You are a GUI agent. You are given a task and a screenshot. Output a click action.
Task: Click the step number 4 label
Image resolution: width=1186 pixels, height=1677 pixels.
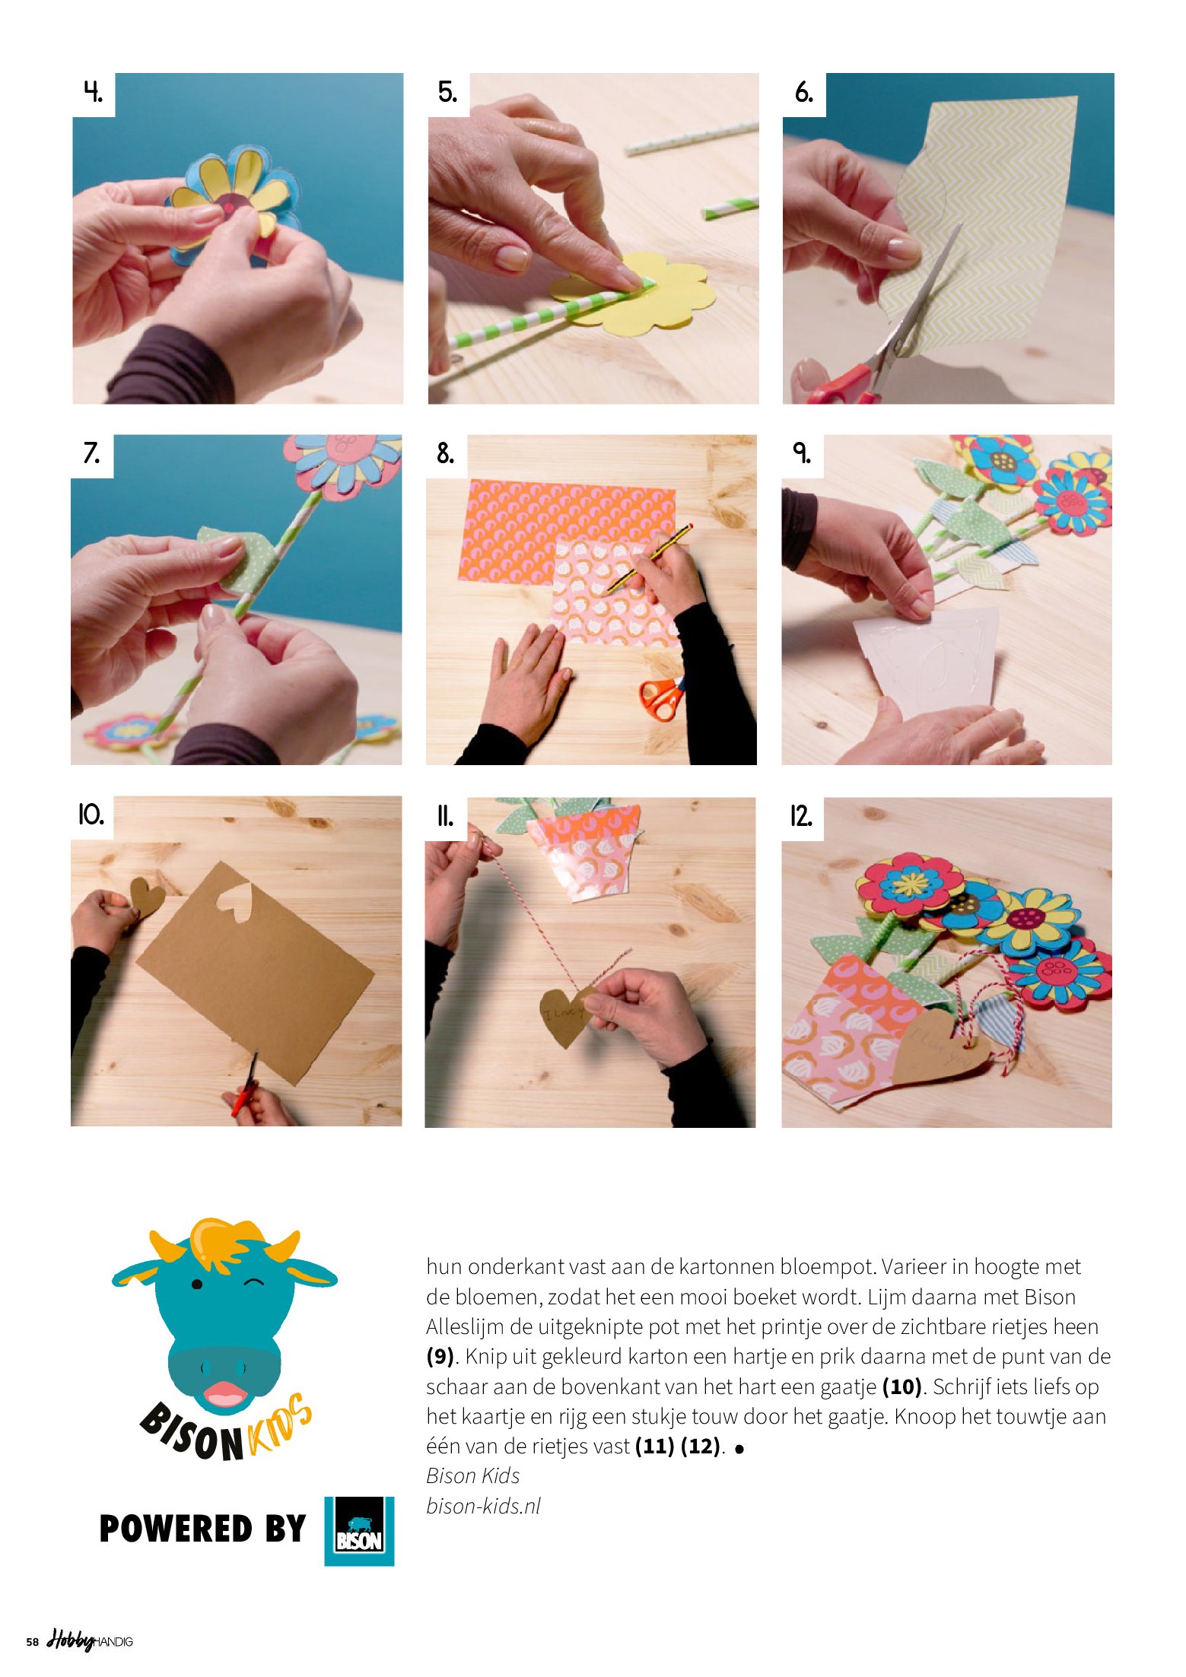tap(93, 93)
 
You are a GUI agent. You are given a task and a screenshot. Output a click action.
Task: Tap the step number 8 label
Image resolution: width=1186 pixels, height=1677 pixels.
tap(445, 454)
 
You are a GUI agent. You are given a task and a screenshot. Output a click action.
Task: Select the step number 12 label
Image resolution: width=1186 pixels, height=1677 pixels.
tap(800, 816)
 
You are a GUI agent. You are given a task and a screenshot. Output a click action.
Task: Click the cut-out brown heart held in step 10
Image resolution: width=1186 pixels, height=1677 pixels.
tap(148, 897)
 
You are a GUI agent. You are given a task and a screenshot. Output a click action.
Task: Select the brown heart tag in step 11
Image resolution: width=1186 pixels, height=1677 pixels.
tap(566, 1016)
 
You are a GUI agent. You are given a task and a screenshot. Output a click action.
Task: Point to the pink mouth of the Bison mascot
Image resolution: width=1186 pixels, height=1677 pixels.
tap(223, 1393)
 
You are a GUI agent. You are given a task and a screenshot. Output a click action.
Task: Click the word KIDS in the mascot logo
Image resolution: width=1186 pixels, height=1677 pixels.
tap(279, 1428)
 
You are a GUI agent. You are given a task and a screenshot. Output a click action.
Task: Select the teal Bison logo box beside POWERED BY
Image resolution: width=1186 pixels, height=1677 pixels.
tap(359, 1531)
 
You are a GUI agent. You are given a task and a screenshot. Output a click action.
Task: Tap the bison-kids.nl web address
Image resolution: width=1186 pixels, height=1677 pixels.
tap(483, 1505)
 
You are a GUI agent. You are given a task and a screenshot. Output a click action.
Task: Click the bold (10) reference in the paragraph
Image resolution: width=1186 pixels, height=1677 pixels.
tap(902, 1387)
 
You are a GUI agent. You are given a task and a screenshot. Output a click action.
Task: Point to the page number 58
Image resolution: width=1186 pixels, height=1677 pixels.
tap(32, 1642)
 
